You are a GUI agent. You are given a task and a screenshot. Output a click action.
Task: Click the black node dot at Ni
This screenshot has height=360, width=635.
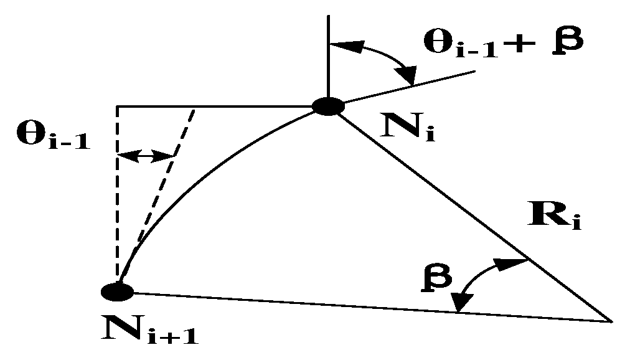(328, 107)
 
